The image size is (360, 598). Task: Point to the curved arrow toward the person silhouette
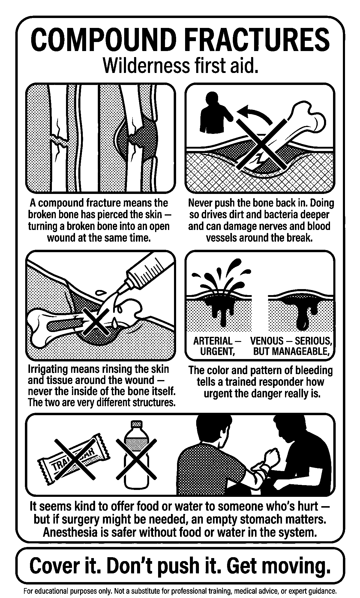click(255, 114)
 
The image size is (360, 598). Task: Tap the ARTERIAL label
click(213, 341)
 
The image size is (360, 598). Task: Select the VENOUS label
click(267, 341)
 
